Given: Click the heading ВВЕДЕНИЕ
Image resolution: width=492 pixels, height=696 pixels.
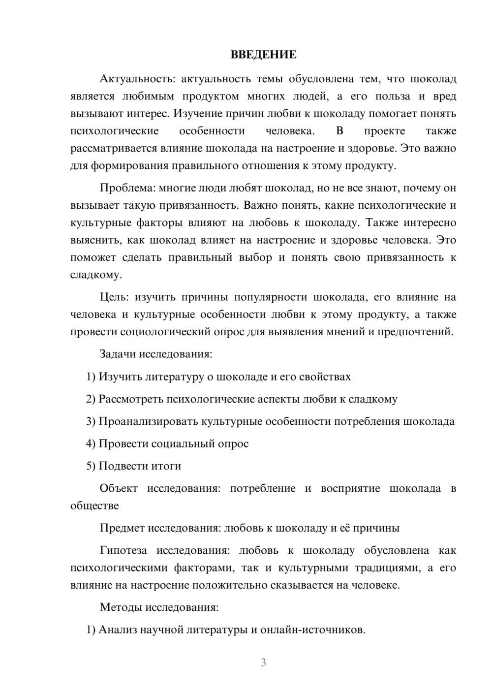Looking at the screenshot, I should (263, 55).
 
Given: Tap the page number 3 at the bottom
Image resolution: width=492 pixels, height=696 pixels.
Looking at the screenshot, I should (263, 663).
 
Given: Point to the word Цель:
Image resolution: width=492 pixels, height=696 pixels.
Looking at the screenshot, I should (114, 297).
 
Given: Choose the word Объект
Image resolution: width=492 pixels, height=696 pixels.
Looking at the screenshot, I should (118, 488).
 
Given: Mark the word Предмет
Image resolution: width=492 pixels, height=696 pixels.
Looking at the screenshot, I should (122, 528).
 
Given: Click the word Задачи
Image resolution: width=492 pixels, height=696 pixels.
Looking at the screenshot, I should (118, 354).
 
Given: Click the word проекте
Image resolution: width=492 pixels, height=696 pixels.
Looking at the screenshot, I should (384, 131).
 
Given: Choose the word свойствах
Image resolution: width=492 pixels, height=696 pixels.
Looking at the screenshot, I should (325, 377).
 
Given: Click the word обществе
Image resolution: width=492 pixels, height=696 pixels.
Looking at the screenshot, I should (94, 506).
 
